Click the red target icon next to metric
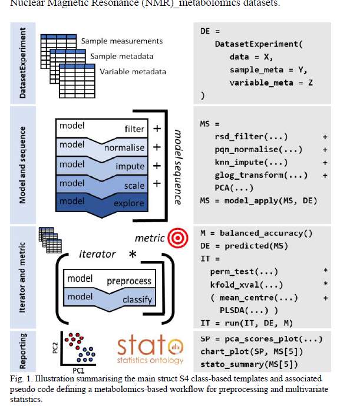point(176,238)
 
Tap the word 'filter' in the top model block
point(134,129)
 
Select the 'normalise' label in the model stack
point(124,148)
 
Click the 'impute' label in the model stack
point(130,166)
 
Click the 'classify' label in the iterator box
point(137,299)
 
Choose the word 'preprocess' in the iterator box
point(129,281)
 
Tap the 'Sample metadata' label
point(122,57)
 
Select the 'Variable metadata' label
point(133,72)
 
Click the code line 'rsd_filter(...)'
point(243,137)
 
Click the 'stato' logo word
point(142,347)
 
